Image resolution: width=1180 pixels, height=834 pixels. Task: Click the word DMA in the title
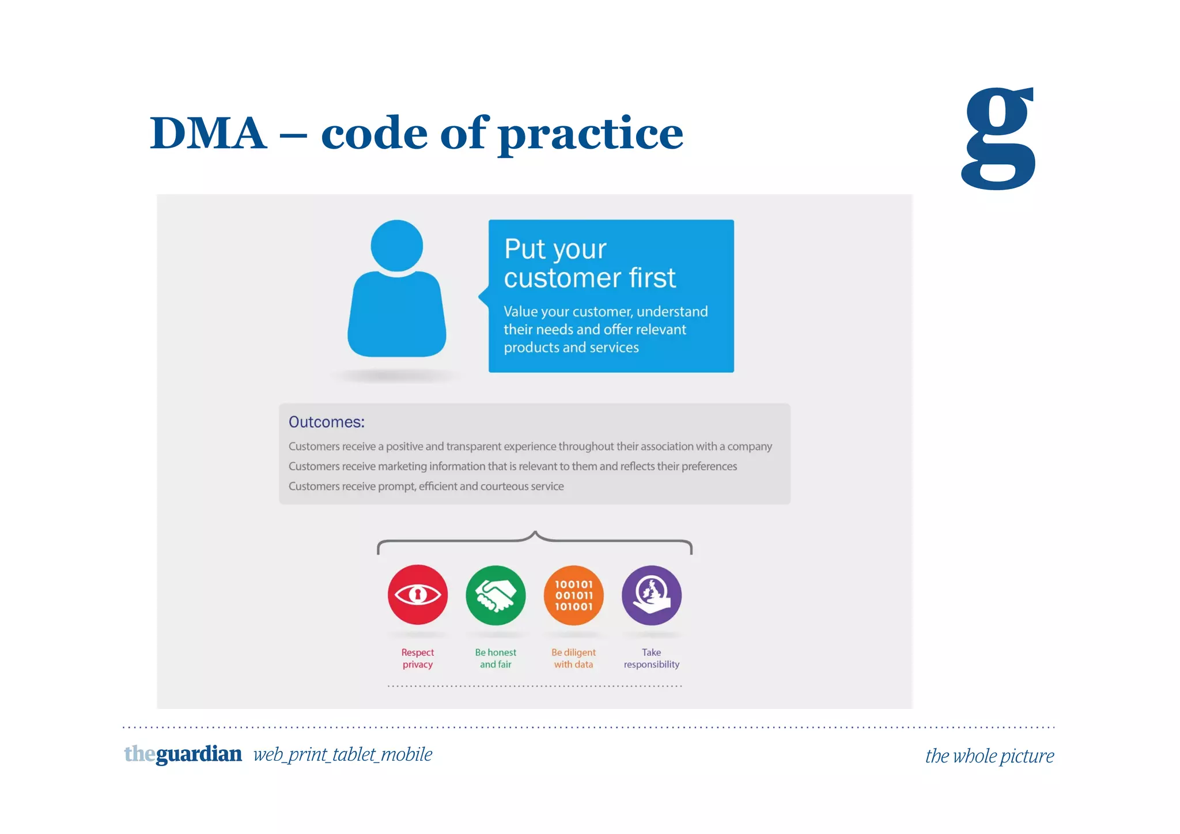pos(209,134)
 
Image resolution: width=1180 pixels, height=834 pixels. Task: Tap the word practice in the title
pos(591,134)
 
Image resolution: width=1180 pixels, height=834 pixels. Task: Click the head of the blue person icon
pos(396,246)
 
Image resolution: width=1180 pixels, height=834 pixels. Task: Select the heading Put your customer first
pos(589,263)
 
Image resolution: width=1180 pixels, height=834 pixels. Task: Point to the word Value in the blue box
pos(520,312)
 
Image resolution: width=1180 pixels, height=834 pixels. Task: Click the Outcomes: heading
pos(326,422)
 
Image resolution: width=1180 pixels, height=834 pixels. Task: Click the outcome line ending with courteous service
pos(426,486)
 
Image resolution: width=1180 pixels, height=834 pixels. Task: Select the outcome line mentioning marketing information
pos(512,466)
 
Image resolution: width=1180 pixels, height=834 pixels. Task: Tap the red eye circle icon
pos(418,595)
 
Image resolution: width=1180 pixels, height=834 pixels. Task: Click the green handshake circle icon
pos(496,595)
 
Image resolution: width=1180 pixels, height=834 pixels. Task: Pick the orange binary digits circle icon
pos(573,595)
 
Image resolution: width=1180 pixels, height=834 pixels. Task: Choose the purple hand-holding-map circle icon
pos(652,595)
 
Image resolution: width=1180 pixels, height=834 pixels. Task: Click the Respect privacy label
pos(418,658)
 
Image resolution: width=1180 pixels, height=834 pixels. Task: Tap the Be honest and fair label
pos(496,658)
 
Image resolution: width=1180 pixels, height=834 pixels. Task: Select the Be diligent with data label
pos(573,658)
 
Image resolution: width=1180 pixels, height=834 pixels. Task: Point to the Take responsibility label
pos(652,658)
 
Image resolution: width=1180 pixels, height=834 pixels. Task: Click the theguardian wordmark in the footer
pos(183,754)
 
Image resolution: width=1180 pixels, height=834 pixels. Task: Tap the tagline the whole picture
pos(989,756)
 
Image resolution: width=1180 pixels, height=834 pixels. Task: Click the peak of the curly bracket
pos(535,533)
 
